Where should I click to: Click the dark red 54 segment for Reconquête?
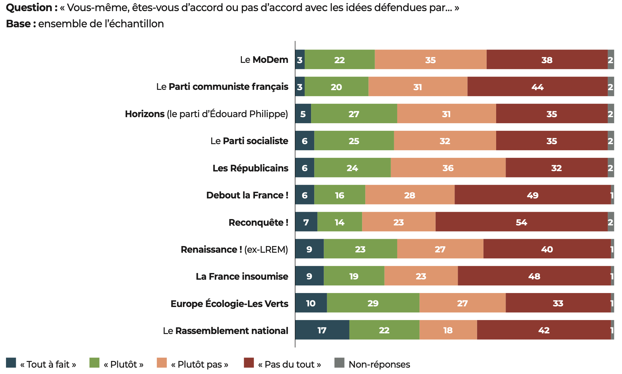pyautogui.click(x=522, y=222)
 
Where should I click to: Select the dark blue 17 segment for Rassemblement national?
pyautogui.click(x=322, y=330)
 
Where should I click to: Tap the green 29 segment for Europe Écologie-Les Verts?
pyautogui.click(x=373, y=303)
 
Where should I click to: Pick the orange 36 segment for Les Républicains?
pyautogui.click(x=448, y=168)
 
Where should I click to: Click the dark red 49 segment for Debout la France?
pyautogui.click(x=533, y=195)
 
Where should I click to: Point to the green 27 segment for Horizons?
pyautogui.click(x=354, y=114)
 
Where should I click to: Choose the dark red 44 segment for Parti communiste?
pyautogui.click(x=537, y=87)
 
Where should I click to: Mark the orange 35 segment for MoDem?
pyautogui.click(x=431, y=60)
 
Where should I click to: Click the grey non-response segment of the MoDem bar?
pyautogui.click(x=611, y=60)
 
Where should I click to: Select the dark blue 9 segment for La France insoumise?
pyautogui.click(x=309, y=276)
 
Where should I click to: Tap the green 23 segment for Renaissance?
pyautogui.click(x=360, y=249)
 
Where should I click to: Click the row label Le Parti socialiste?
pyautogui.click(x=249, y=141)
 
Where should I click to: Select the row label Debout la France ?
pyautogui.click(x=247, y=195)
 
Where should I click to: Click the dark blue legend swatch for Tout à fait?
pyautogui.click(x=11, y=363)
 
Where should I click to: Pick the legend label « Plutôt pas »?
pyautogui.click(x=199, y=364)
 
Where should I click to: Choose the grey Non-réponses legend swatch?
pyautogui.click(x=339, y=363)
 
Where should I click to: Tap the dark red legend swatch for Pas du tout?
pyautogui.click(x=249, y=363)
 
